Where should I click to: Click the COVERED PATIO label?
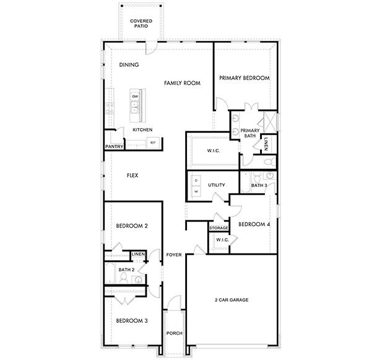(x=141, y=24)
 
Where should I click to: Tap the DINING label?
(x=129, y=65)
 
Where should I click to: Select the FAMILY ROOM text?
(x=181, y=82)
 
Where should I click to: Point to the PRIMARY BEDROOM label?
(x=245, y=78)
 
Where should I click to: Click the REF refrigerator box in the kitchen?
(x=153, y=143)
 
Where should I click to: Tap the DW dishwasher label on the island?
(x=134, y=96)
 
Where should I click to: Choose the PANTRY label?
(x=115, y=147)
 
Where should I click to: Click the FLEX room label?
(x=132, y=176)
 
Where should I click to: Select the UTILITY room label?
(x=216, y=185)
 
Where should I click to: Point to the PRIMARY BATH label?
(x=250, y=133)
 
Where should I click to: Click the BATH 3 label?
(x=259, y=185)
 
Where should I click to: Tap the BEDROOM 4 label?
(x=254, y=224)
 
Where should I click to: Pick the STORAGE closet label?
(x=219, y=228)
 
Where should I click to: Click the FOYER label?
(x=173, y=254)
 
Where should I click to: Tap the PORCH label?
(x=174, y=333)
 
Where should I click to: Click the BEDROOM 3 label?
(x=132, y=320)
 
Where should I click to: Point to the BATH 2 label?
(x=126, y=270)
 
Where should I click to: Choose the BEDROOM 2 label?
(x=132, y=226)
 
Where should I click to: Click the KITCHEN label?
(x=143, y=130)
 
